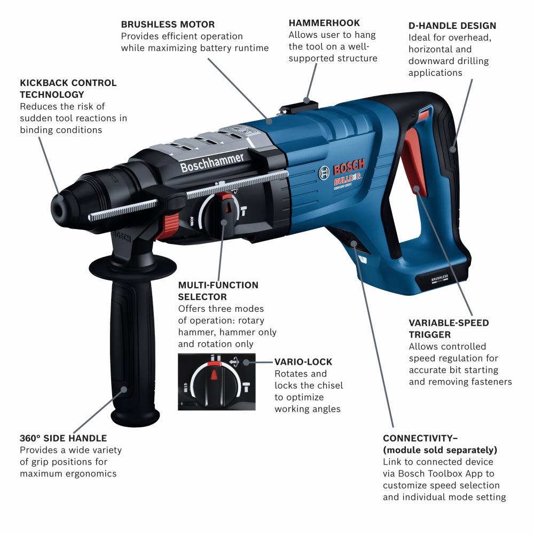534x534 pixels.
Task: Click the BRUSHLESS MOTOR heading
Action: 168,25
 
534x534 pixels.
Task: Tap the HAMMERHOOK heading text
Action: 324,23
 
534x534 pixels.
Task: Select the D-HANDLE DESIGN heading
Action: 452,26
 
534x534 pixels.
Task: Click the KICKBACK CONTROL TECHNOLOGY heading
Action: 68,89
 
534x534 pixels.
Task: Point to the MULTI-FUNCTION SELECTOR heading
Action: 218,291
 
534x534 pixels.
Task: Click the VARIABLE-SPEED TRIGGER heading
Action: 449,328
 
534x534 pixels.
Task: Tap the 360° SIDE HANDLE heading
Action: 63,438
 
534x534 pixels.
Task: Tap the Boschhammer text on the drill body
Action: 212,162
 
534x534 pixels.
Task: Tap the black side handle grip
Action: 125,342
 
